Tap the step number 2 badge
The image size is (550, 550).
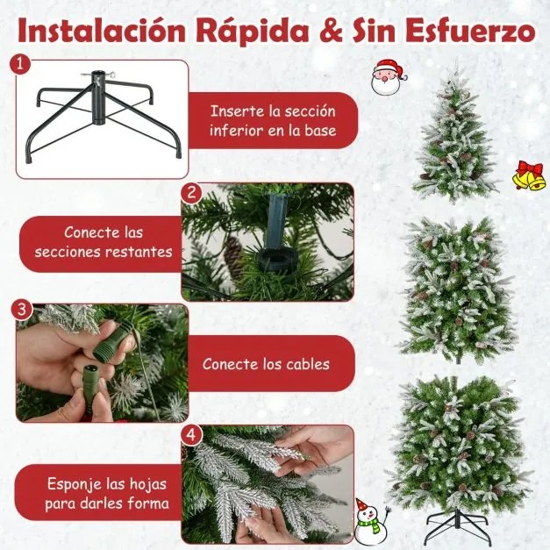click(191, 192)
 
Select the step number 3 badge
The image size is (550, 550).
click(24, 311)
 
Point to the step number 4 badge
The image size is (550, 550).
click(191, 434)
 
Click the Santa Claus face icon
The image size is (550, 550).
click(389, 76)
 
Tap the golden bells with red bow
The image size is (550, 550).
click(528, 175)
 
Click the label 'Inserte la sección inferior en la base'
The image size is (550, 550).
click(271, 124)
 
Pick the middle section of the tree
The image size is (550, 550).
click(457, 289)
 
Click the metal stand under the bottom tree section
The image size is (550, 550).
click(458, 527)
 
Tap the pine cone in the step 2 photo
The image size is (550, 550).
click(232, 255)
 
